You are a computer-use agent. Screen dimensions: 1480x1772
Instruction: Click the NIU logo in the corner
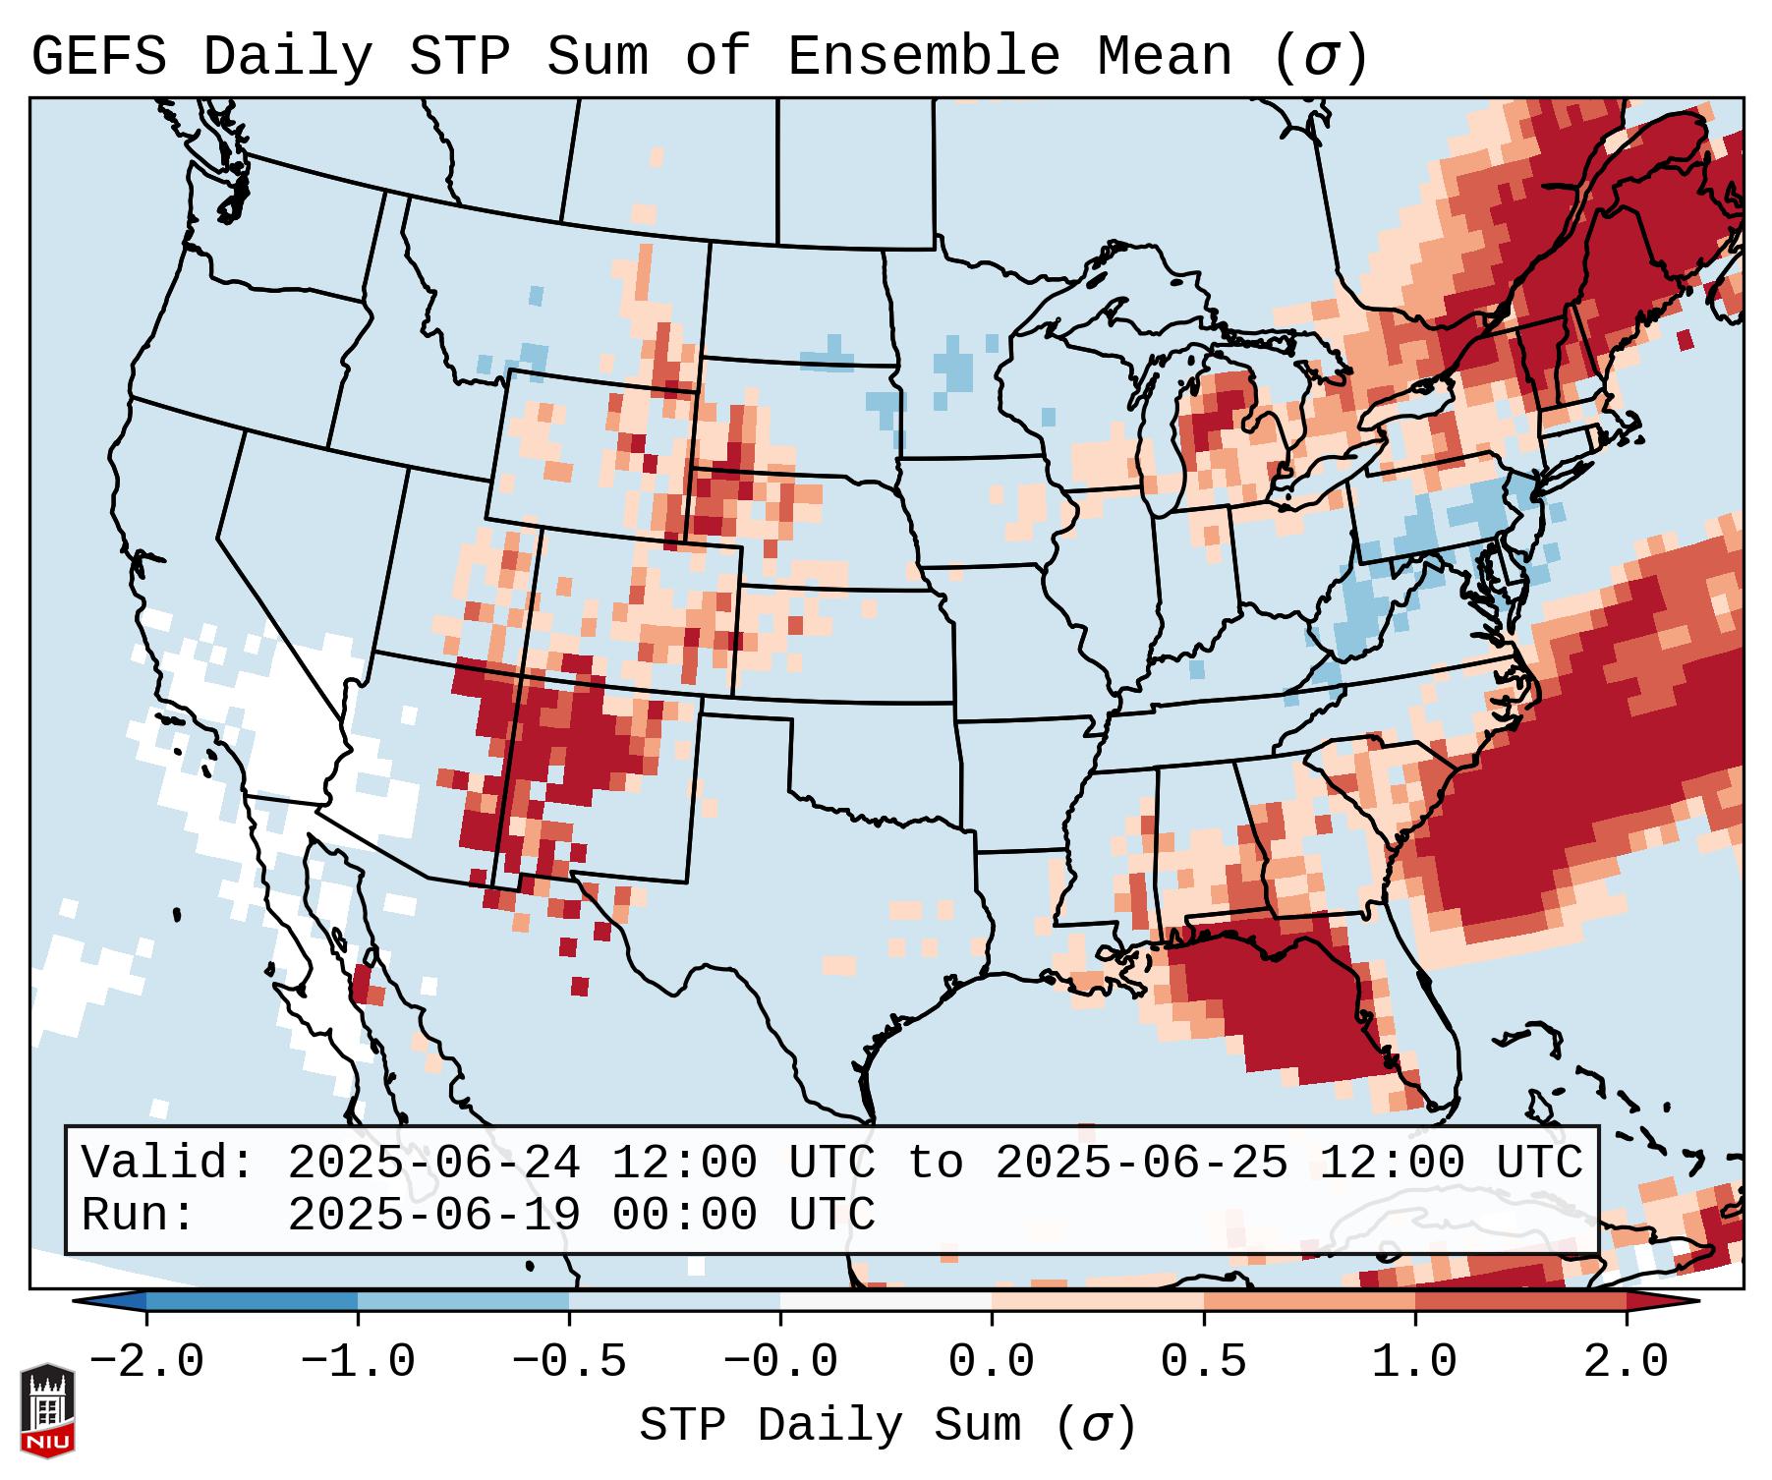click(47, 1409)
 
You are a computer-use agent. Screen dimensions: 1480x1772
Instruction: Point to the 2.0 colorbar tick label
click(1626, 1362)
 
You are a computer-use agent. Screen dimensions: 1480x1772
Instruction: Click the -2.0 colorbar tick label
click(146, 1362)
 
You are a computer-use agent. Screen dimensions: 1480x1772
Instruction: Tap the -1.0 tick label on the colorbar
click(358, 1362)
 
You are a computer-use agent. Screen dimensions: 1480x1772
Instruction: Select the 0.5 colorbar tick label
click(1203, 1362)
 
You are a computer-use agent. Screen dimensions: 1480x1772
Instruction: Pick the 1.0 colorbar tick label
click(1414, 1362)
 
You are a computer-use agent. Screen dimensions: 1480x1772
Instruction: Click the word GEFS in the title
click(99, 57)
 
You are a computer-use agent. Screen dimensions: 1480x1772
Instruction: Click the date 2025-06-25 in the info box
click(1141, 1163)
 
